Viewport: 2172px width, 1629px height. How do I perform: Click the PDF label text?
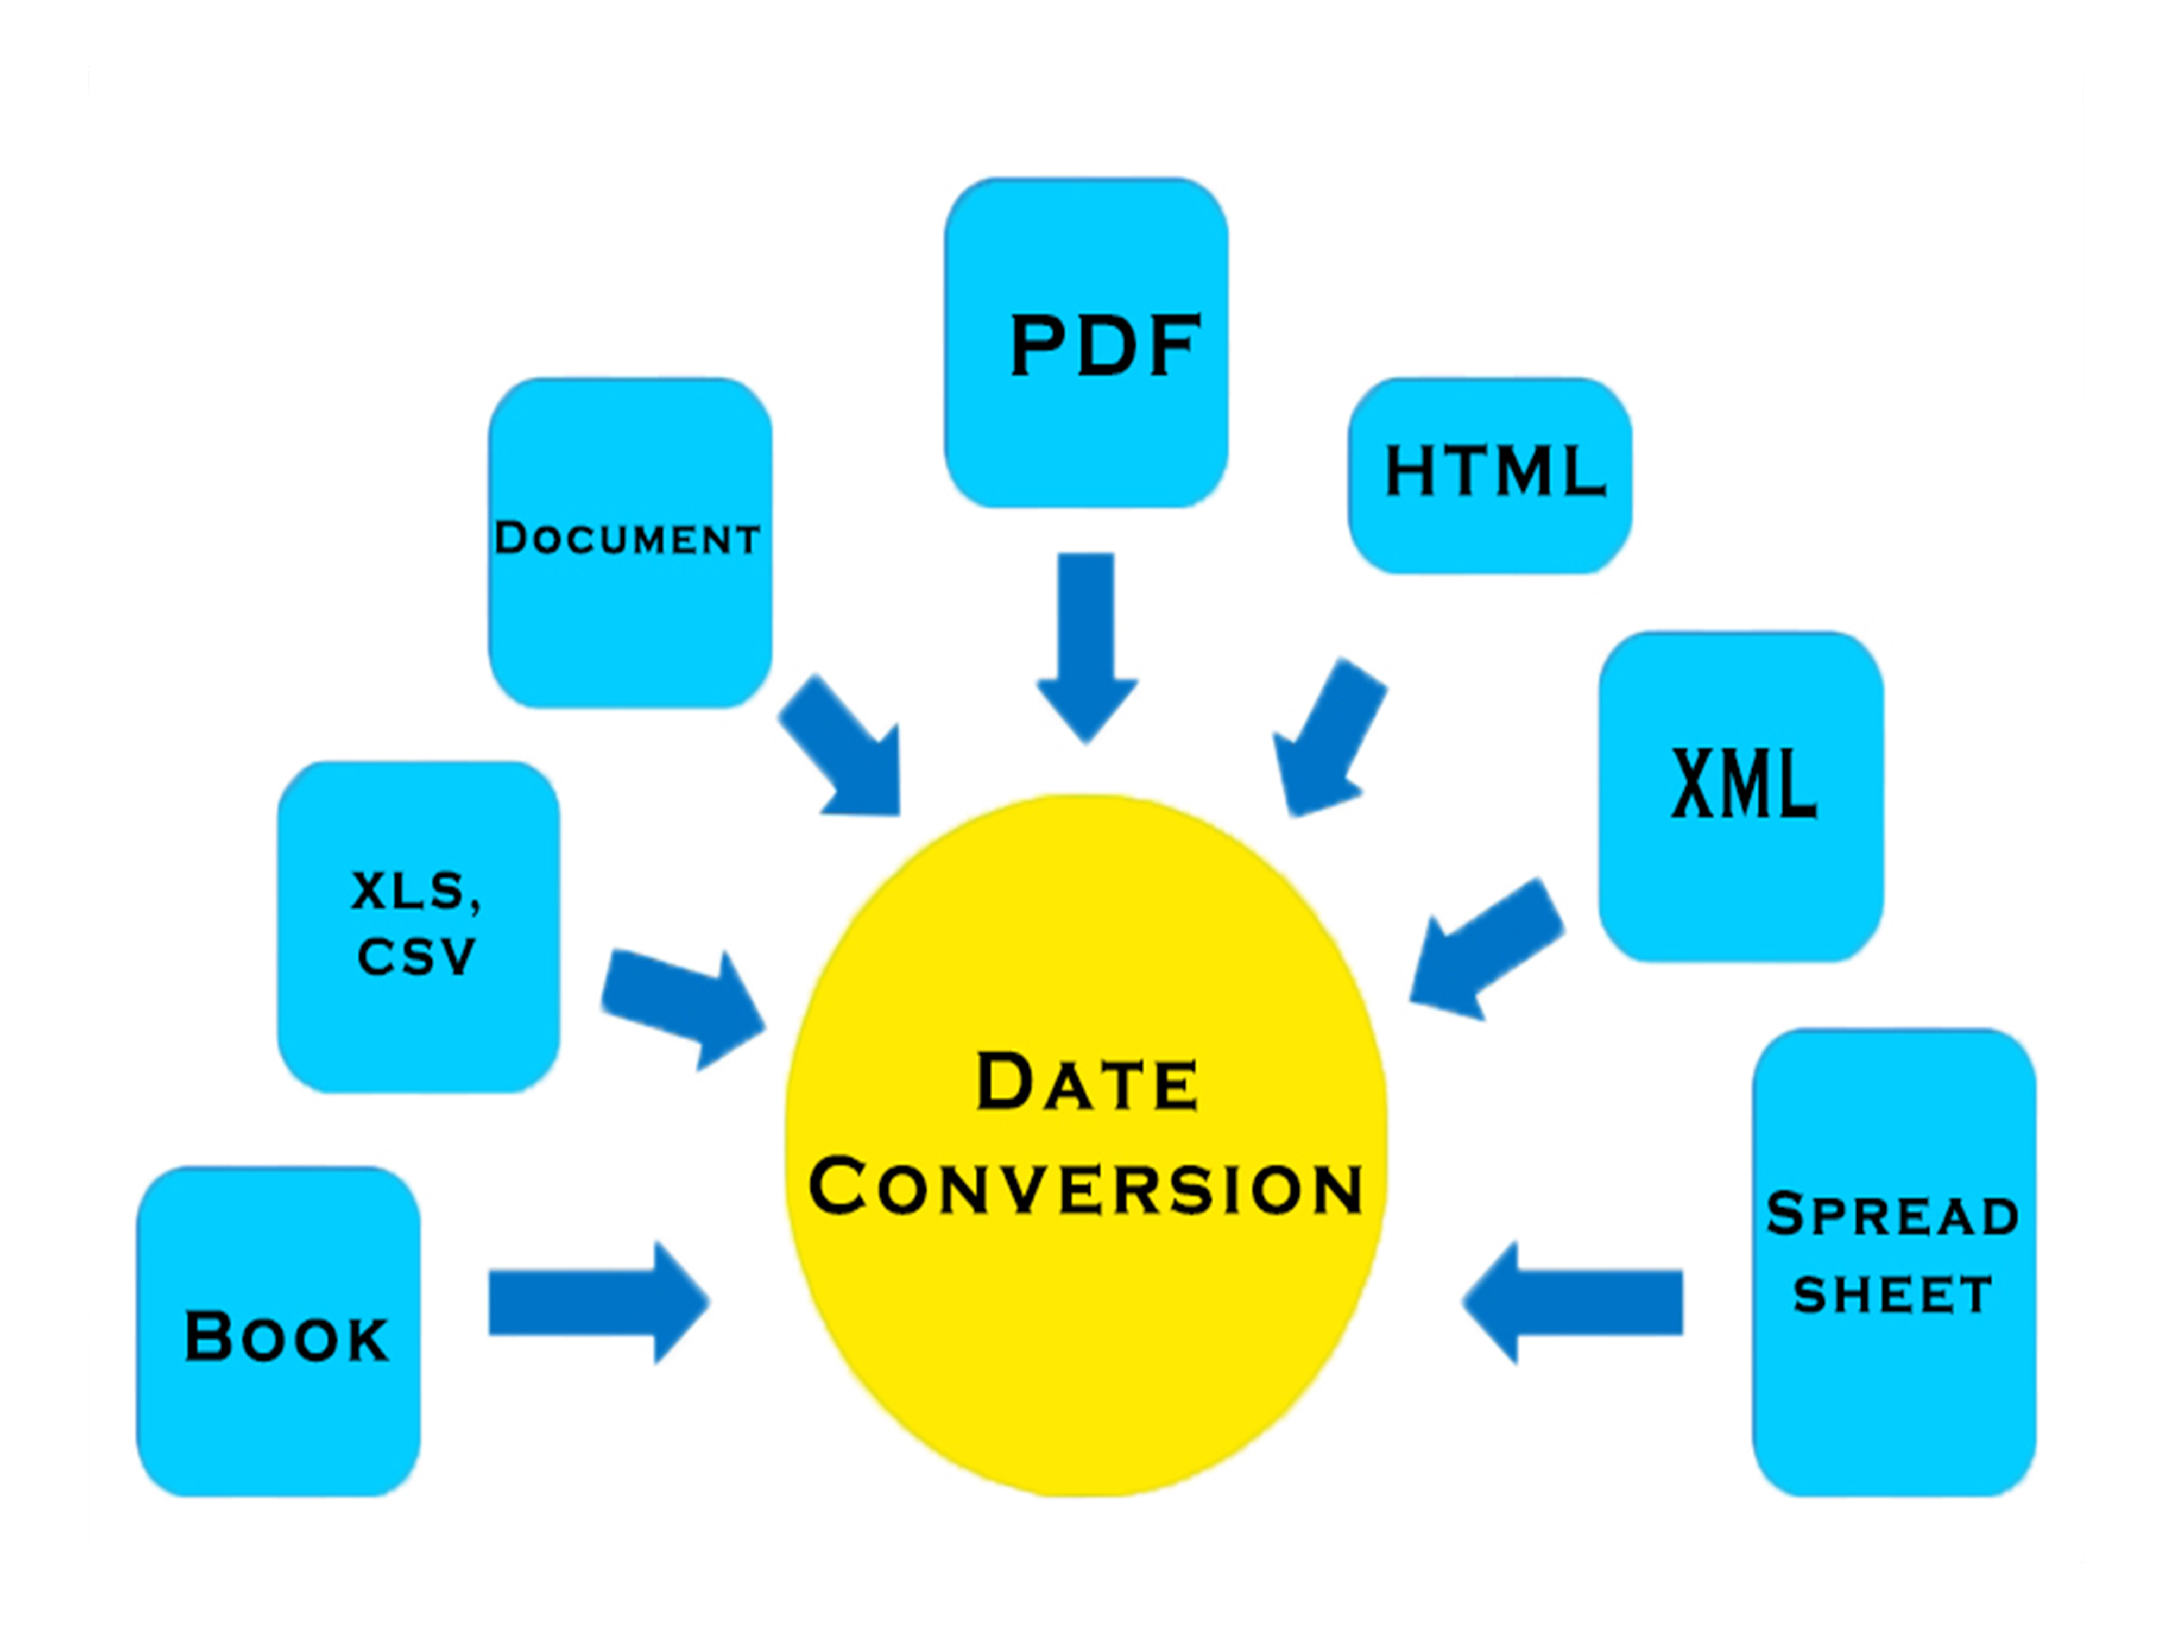click(1104, 346)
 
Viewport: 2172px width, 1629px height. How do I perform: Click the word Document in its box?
click(627, 538)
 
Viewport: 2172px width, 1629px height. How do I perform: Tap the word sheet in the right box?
click(1892, 1294)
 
